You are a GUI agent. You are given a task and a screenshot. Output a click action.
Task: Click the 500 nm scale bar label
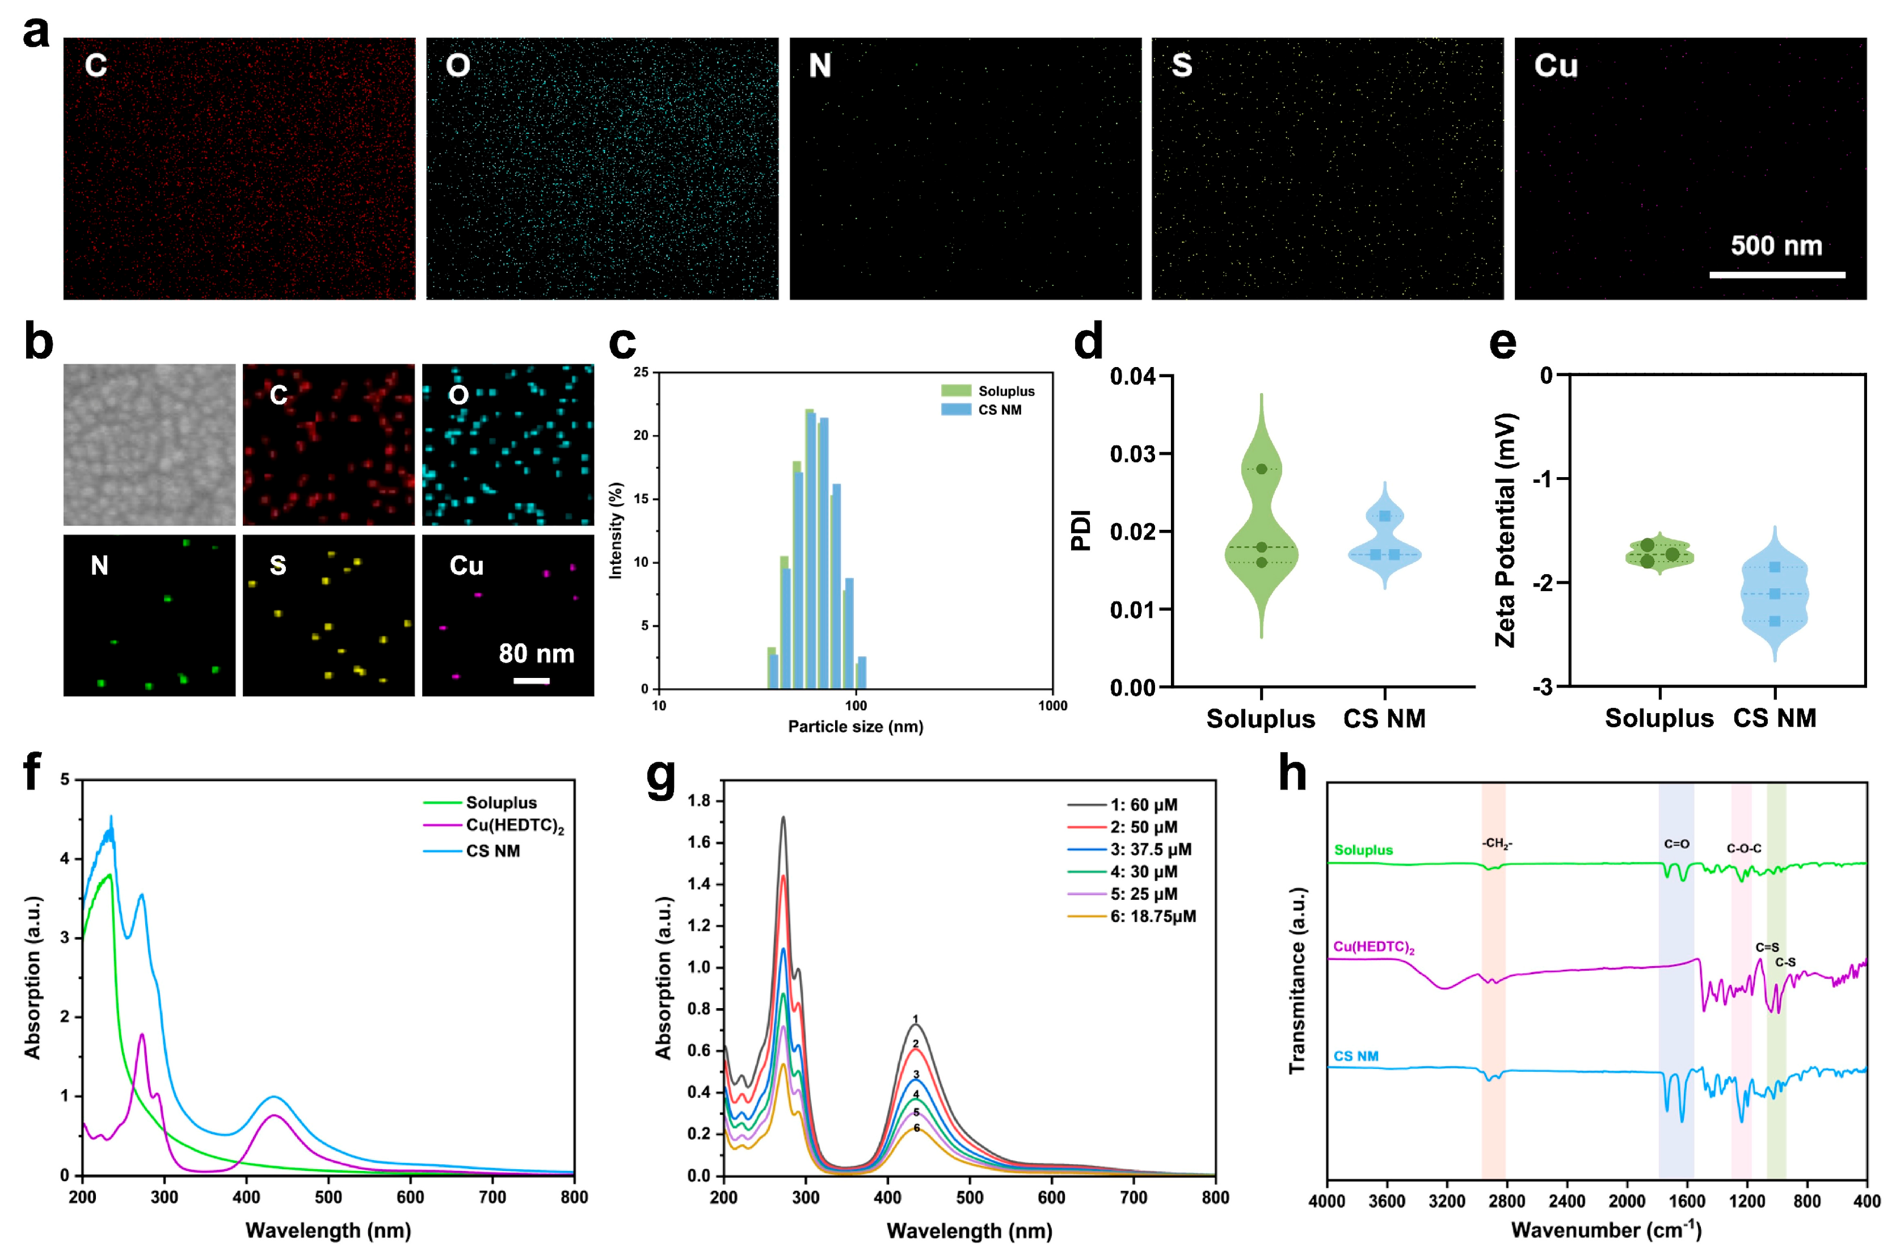coord(1776,245)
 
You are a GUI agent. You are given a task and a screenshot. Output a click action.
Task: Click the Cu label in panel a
coord(1556,66)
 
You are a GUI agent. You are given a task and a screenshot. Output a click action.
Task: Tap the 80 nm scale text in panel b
coord(537,654)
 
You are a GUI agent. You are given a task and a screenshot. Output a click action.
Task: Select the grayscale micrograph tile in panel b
coord(149,444)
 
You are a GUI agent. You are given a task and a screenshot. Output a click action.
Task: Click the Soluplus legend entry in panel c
coord(1005,391)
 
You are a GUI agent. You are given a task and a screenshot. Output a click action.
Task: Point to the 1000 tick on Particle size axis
coord(1052,706)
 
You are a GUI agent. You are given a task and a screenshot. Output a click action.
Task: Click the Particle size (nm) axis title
coord(856,726)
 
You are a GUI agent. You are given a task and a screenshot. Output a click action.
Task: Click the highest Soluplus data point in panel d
coord(1261,469)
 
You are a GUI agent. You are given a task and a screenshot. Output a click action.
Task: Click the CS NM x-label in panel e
coord(1775,718)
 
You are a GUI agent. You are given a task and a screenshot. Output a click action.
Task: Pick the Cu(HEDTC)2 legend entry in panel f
coord(514,825)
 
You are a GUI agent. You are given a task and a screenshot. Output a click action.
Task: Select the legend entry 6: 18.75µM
coord(1152,916)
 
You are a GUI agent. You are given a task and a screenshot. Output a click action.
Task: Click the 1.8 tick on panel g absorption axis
coord(699,800)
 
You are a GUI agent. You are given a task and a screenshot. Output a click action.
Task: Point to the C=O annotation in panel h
coord(1676,844)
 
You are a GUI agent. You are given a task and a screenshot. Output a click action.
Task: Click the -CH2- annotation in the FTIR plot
coord(1497,843)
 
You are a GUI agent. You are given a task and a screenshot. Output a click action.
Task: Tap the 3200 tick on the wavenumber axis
coord(1446,1200)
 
